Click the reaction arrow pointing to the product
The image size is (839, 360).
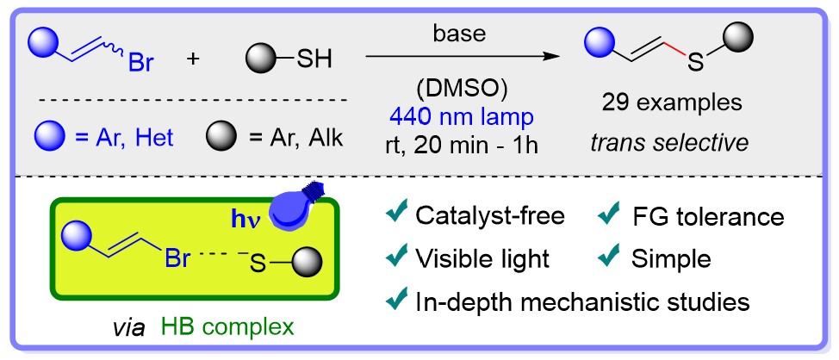tap(457, 59)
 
